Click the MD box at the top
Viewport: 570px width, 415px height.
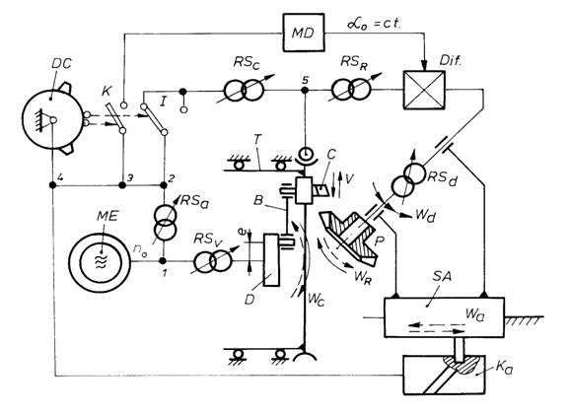[303, 33]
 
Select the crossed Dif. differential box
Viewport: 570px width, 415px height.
[424, 90]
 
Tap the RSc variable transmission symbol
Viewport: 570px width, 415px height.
[244, 89]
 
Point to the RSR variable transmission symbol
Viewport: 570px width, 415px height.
[351, 89]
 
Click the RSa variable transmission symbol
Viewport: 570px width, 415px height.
[166, 223]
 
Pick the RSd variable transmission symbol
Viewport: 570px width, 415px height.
[408, 179]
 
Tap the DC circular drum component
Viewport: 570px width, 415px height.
[52, 119]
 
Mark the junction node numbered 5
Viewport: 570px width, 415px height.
[305, 90]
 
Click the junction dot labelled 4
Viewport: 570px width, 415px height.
[52, 185]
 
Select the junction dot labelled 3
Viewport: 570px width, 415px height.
[122, 185]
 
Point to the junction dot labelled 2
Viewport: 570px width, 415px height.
[164, 185]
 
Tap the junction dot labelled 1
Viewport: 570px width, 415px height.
[163, 261]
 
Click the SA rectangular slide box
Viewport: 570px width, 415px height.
[444, 317]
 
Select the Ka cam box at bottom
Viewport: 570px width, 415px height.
[445, 375]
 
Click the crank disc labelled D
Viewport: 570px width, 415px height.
[272, 260]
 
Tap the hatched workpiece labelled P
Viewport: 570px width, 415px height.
[349, 238]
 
